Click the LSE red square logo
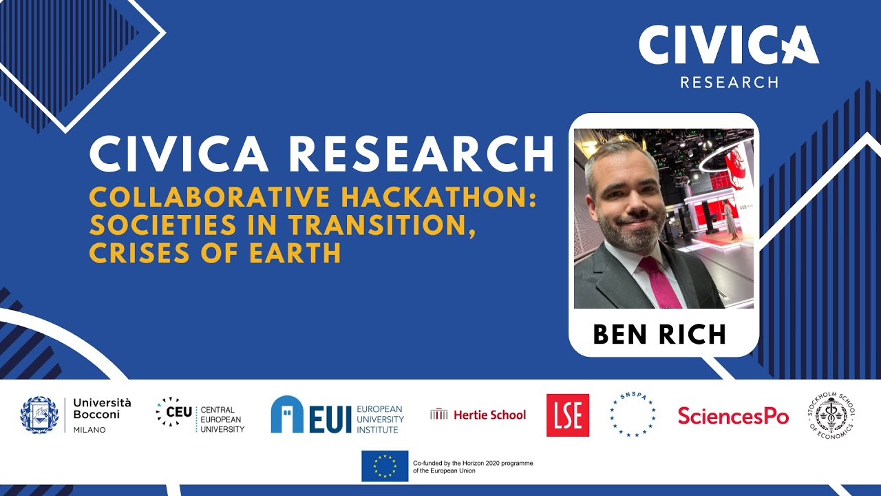[568, 415]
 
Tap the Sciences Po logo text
[733, 415]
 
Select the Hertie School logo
[478, 415]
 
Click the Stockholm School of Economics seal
[831, 415]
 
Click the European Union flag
[385, 466]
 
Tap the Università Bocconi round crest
[39, 415]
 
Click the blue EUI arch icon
[287, 415]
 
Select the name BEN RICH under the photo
[659, 334]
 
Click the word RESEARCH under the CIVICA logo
[729, 83]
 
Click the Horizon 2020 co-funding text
[472, 466]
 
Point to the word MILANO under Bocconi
[89, 430]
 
